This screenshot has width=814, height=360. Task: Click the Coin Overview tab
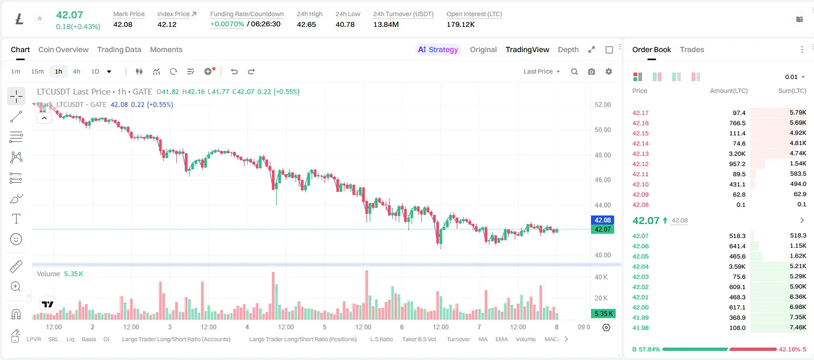point(63,49)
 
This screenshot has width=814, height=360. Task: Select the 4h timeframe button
point(76,71)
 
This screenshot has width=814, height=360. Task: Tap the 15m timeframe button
point(37,71)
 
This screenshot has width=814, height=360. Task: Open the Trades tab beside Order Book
point(692,49)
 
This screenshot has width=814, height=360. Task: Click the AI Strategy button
point(438,49)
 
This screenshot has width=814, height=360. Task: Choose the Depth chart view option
point(568,49)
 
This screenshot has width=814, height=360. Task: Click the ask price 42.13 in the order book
point(640,154)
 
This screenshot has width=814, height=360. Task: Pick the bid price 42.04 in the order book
point(640,267)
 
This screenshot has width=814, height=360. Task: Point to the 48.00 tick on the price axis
point(602,155)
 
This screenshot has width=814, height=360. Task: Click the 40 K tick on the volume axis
point(601,277)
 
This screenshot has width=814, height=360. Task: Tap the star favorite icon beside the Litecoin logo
point(40,18)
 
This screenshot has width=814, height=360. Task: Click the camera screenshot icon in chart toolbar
point(592,71)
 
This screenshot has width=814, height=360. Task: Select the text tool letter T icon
point(16,219)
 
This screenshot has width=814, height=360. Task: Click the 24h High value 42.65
point(306,24)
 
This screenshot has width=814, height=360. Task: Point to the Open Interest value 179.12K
point(460,24)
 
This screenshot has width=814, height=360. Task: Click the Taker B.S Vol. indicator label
point(419,339)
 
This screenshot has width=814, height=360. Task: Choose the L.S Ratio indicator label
point(381,339)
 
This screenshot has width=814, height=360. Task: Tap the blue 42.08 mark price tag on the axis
point(602,220)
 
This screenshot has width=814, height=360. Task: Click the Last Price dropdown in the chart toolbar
point(542,71)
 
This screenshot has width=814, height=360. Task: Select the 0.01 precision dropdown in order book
point(795,77)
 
